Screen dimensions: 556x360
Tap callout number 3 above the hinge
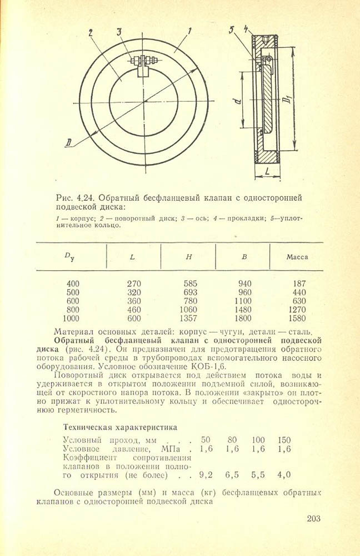(119, 32)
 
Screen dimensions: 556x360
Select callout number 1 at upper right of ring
(189, 32)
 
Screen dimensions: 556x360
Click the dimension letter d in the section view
(237, 101)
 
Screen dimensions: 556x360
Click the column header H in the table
(188, 257)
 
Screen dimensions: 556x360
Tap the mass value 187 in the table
(299, 283)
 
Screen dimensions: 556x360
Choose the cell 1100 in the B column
(243, 301)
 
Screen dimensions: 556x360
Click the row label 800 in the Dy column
(73, 310)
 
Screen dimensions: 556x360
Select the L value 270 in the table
(134, 283)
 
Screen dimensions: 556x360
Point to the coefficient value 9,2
(206, 474)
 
